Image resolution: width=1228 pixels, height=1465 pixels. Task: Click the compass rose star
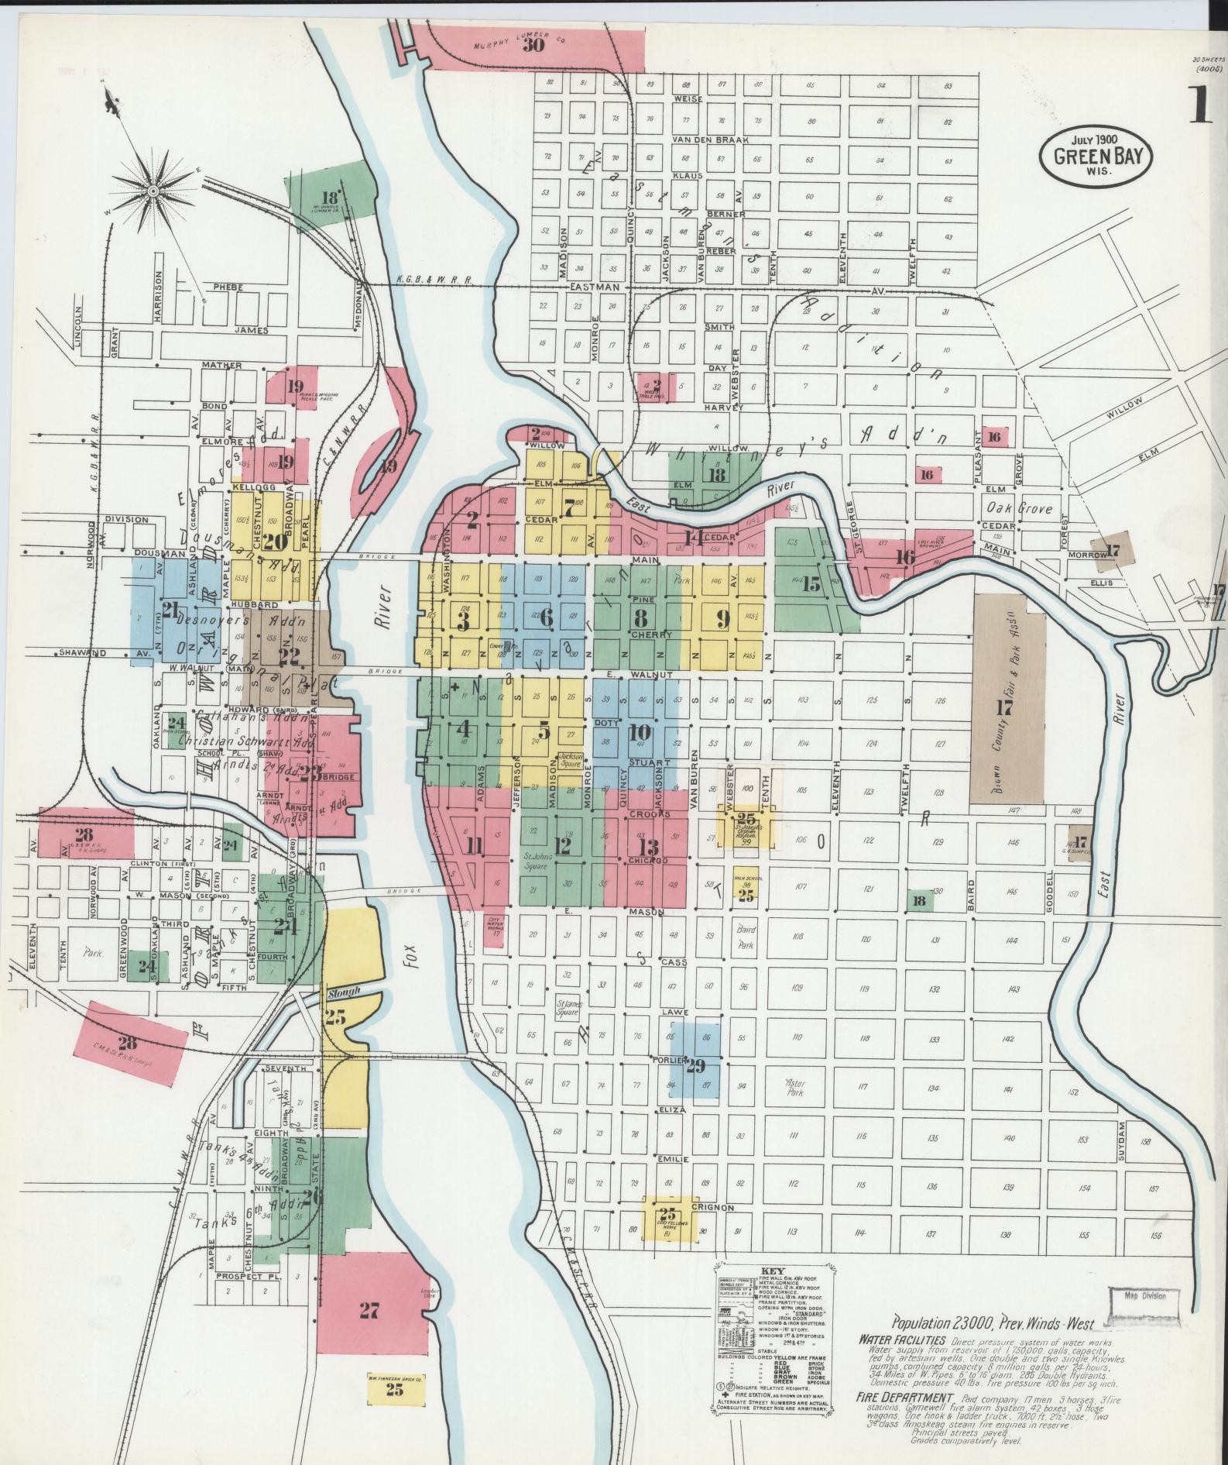pyautogui.click(x=153, y=189)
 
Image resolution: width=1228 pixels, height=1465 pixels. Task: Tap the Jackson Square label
pyautogui.click(x=571, y=758)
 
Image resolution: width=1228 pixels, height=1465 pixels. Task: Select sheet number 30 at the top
pyautogui.click(x=533, y=45)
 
